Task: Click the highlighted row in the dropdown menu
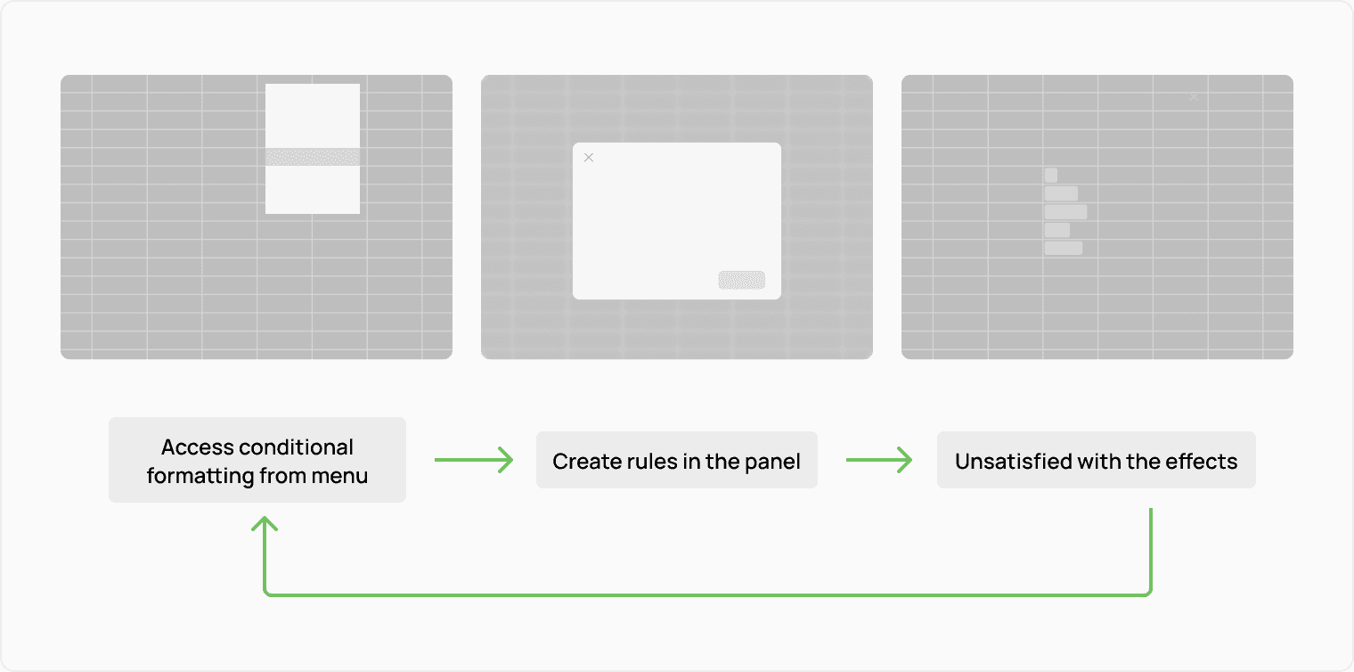tap(313, 157)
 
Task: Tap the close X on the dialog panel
tap(588, 158)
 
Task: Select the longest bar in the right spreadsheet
tap(1065, 212)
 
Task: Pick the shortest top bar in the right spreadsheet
tap(1051, 176)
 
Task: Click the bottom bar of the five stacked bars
tap(1064, 248)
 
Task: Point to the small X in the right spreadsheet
tap(1194, 96)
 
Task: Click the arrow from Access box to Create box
tap(474, 460)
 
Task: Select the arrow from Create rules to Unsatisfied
tap(878, 460)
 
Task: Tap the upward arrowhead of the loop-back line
tap(265, 526)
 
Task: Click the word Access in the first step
tap(198, 447)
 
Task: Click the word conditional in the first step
tap(297, 447)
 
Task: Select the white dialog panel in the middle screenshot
tap(677, 221)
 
